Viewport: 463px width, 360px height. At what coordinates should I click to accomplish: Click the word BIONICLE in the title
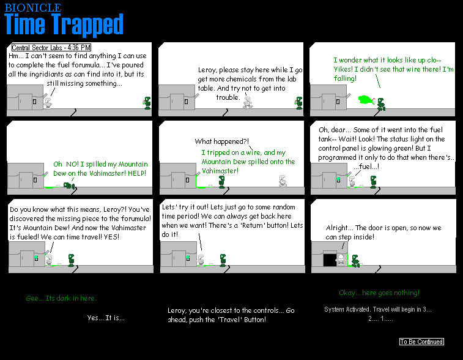pos(33,8)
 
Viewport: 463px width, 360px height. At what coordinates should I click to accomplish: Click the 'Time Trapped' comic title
pos(64,24)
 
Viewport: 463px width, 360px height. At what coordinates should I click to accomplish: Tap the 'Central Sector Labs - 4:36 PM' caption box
pos(51,47)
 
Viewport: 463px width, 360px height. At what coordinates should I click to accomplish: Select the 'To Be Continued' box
pos(421,342)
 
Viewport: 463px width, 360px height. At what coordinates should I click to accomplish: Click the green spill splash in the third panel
pos(366,100)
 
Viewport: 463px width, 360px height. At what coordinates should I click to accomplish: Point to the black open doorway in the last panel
pos(330,260)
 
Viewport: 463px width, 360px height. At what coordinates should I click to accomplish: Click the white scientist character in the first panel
pos(48,103)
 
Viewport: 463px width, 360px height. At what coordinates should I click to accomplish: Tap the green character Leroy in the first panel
pos(147,103)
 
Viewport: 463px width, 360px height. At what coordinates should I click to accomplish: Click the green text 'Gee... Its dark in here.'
pos(61,298)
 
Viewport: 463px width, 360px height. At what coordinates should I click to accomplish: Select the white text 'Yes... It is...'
pos(106,318)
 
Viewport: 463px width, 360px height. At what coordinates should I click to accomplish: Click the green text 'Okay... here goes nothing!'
pos(379,293)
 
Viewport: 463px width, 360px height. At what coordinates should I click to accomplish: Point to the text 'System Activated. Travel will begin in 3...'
pos(378,309)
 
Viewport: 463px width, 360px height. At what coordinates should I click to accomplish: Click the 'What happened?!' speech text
pos(222,141)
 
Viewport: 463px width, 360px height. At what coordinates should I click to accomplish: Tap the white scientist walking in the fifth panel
pos(283,181)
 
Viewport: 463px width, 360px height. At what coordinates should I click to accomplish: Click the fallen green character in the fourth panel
pos(70,186)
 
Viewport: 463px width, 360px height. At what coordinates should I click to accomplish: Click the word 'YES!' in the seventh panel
pos(111,237)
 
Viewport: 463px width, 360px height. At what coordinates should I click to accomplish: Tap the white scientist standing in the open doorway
pos(341,260)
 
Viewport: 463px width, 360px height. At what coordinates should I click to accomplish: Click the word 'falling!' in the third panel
pos(345,78)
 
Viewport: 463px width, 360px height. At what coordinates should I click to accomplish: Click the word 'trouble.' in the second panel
pos(228,97)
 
